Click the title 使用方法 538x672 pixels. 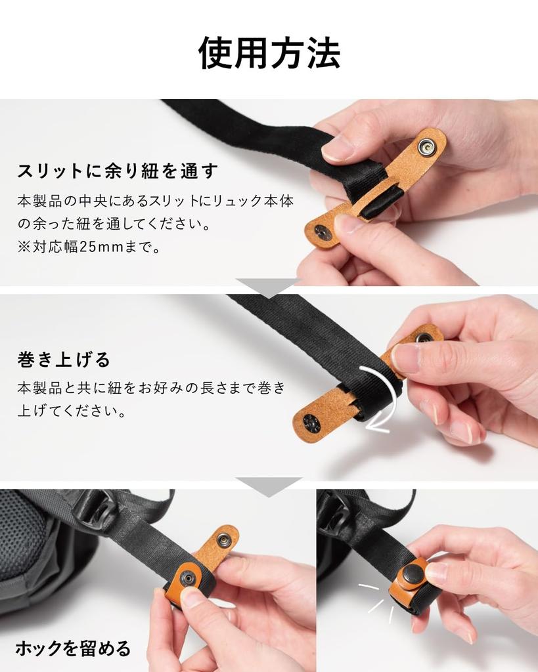pos(269,53)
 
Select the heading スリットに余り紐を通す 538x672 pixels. pos(118,171)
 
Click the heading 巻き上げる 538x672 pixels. pos(64,360)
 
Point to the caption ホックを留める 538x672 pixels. pos(73,649)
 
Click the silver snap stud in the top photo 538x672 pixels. pos(427,148)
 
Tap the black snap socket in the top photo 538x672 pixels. pos(323,232)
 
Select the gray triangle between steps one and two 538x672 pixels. pos(268,287)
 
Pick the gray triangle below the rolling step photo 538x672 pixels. pos(268,486)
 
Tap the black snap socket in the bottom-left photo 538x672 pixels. pos(189,578)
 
